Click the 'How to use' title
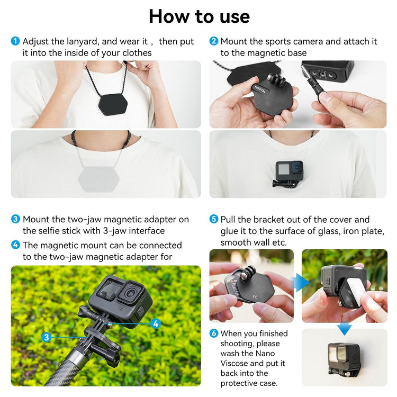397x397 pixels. [x=199, y=17]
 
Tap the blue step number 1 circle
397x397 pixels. [x=15, y=41]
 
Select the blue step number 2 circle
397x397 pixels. [x=214, y=41]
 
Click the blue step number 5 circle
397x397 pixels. [x=214, y=219]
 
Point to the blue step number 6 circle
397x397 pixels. [x=214, y=333]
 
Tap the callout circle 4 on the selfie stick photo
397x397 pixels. [x=156, y=323]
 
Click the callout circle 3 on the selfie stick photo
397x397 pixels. [x=47, y=337]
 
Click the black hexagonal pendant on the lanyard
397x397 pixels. [x=113, y=104]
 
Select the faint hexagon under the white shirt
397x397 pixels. [x=99, y=179]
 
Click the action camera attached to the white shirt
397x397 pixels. [x=288, y=174]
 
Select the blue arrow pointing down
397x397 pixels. [x=345, y=329]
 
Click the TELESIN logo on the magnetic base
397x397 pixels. [x=260, y=88]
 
